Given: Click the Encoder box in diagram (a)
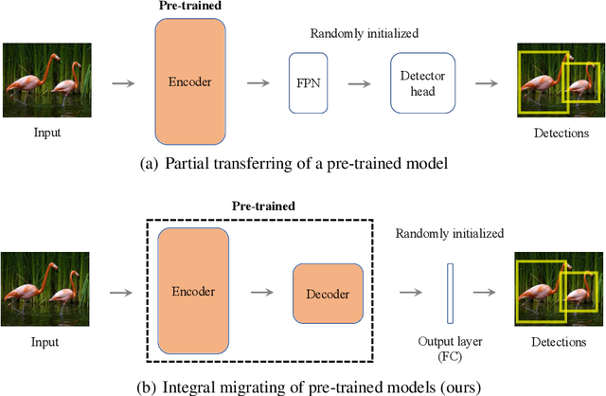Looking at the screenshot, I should tap(191, 82).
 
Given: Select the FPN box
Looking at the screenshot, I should tap(310, 83).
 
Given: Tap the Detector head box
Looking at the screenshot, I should tap(422, 83).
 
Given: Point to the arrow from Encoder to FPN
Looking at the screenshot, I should tap(255, 84).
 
